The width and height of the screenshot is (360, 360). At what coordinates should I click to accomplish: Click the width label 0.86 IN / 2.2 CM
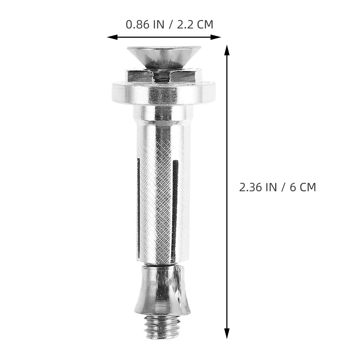click(169, 24)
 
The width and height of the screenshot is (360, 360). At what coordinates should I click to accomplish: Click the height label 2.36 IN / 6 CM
click(277, 187)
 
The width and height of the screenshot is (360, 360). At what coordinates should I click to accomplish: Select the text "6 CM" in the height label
click(303, 187)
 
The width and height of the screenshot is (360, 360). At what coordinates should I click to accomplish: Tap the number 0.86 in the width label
click(136, 24)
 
